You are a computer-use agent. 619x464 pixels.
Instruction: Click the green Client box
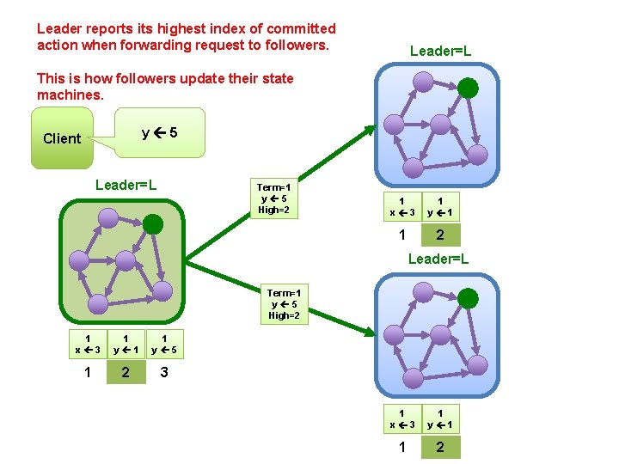click(x=62, y=137)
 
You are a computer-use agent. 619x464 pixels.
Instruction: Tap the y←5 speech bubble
click(x=160, y=132)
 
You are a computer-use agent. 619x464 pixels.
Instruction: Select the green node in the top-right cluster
click(x=468, y=88)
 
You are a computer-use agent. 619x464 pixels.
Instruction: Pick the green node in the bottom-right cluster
click(x=468, y=298)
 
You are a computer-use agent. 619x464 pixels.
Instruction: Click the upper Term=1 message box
click(x=273, y=198)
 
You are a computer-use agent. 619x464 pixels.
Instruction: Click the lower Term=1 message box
click(x=285, y=304)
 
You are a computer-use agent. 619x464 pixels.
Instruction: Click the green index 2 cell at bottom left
click(x=126, y=373)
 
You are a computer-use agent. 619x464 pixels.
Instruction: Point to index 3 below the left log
click(x=164, y=373)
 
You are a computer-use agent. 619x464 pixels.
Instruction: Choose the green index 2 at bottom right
click(x=440, y=447)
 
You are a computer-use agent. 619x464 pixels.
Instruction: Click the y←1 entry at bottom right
click(x=440, y=418)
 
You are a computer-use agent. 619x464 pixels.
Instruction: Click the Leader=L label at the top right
click(x=440, y=52)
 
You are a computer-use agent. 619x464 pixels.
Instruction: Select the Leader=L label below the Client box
click(x=126, y=185)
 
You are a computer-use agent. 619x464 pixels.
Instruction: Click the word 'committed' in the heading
click(x=295, y=29)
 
